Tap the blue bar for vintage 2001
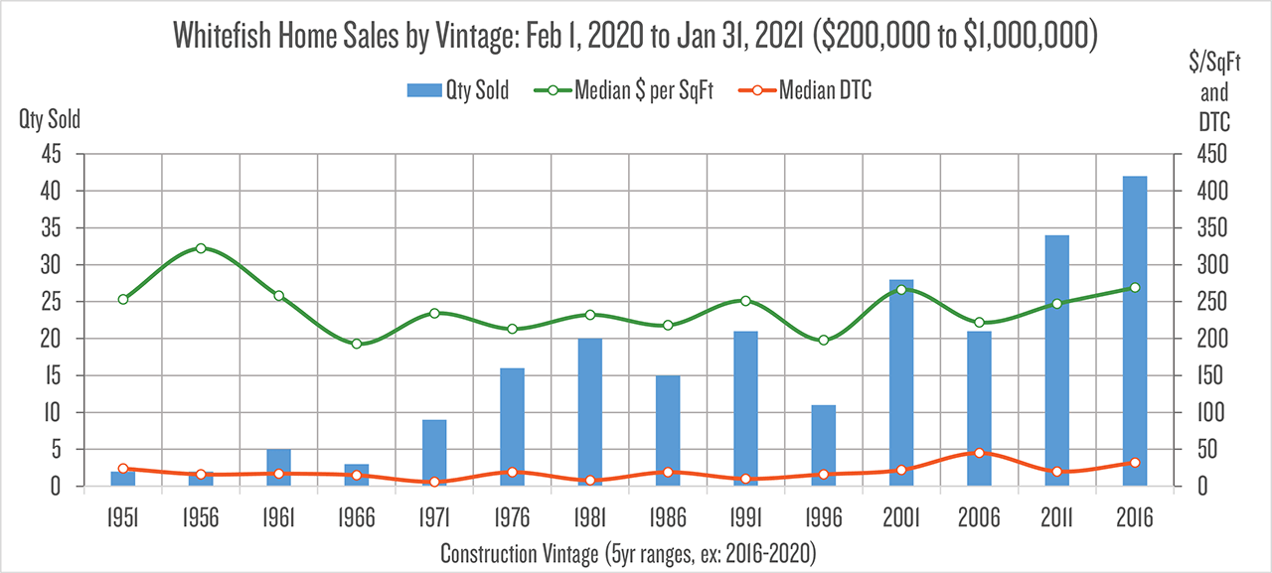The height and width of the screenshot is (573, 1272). click(901, 382)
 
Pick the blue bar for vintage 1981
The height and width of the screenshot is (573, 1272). click(589, 412)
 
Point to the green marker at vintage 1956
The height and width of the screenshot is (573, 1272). click(201, 248)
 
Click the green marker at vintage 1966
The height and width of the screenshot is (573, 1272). click(357, 344)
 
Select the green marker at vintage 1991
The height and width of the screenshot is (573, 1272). click(745, 301)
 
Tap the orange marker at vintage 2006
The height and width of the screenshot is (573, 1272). click(979, 453)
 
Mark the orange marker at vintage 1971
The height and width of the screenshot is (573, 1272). click(434, 482)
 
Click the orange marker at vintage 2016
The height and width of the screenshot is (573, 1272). click(1134, 463)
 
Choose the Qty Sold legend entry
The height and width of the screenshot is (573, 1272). click(457, 91)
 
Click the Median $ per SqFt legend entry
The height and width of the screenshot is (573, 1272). click(628, 91)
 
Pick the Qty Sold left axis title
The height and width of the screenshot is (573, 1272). click(50, 120)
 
